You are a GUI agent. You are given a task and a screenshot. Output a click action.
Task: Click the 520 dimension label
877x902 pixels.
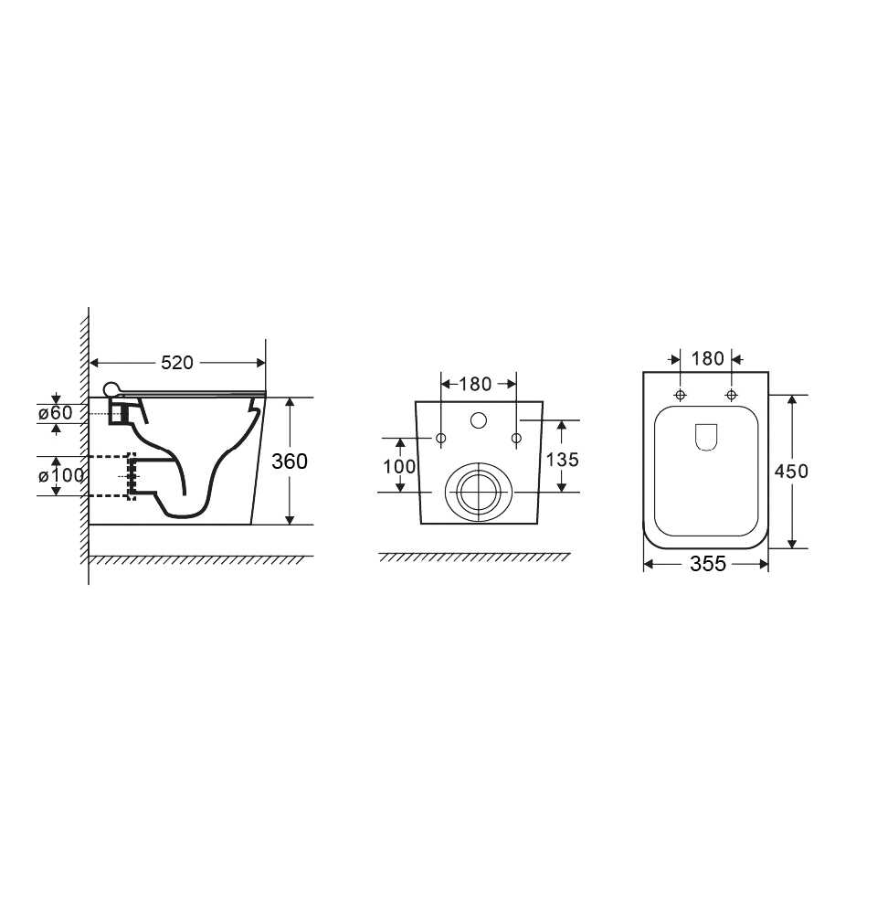[177, 363]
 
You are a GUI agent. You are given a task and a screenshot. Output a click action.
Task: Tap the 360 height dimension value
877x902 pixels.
[290, 462]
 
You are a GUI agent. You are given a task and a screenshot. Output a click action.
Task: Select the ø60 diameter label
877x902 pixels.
[56, 412]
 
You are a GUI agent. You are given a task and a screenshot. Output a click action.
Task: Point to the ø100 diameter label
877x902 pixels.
[61, 476]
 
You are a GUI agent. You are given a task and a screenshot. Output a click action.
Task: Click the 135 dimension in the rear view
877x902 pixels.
[562, 460]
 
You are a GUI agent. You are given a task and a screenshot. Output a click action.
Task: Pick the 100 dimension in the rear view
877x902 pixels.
[399, 466]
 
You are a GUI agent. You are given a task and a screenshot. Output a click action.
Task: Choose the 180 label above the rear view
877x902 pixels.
[475, 384]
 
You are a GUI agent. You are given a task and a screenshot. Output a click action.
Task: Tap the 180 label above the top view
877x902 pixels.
[707, 358]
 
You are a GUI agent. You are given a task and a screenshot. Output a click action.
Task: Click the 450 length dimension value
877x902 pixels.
[791, 472]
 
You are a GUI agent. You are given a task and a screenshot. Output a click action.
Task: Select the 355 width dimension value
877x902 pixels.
[708, 564]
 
